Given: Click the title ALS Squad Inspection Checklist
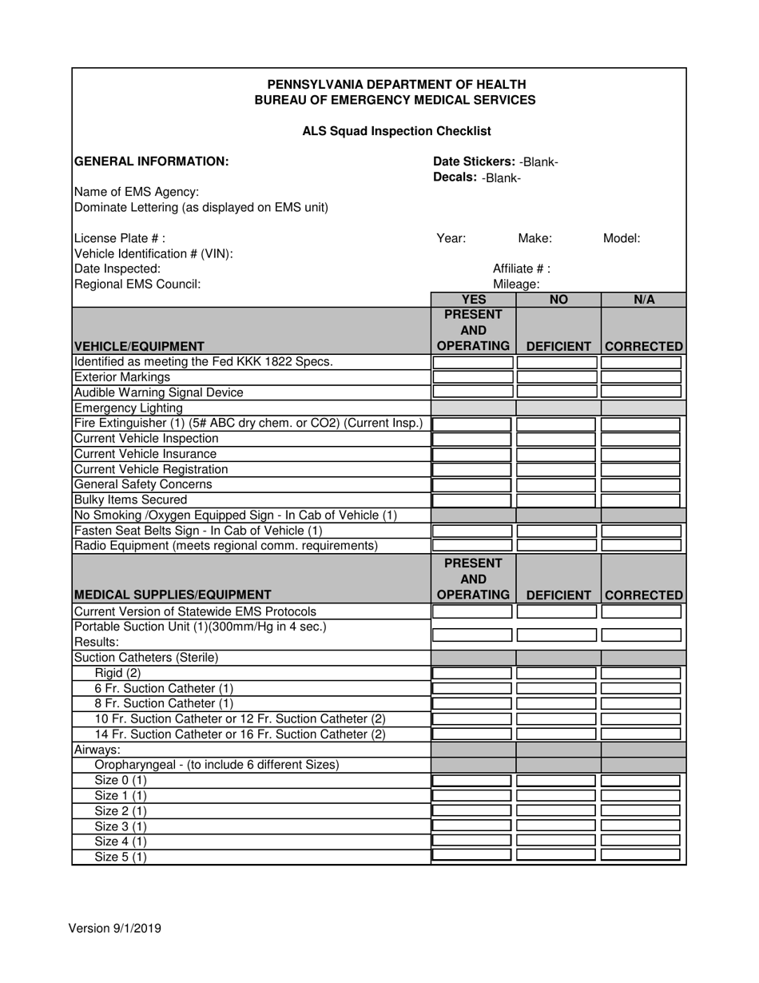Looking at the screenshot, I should (x=396, y=131).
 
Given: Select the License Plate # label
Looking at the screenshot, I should (x=120, y=238).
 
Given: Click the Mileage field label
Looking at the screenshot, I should (x=516, y=284).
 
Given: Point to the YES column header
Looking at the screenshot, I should (x=473, y=300).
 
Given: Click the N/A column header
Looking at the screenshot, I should (x=644, y=300).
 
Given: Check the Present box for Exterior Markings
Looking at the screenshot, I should (x=473, y=377).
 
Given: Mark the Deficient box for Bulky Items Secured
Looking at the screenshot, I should (x=558, y=500).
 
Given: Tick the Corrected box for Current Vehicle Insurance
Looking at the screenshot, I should (x=641, y=454).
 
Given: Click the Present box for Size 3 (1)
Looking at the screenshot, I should (x=473, y=826).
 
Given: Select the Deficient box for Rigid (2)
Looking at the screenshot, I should (x=558, y=673).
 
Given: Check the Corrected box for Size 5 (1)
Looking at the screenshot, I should (x=641, y=856).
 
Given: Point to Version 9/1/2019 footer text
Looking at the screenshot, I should (x=115, y=929).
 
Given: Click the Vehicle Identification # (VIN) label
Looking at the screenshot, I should (x=153, y=253).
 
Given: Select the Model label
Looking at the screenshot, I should (x=621, y=238).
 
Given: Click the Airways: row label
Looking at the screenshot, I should (x=97, y=750).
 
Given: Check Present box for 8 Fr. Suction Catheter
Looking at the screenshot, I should (x=473, y=704).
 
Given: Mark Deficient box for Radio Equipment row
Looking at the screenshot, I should (x=558, y=546).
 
